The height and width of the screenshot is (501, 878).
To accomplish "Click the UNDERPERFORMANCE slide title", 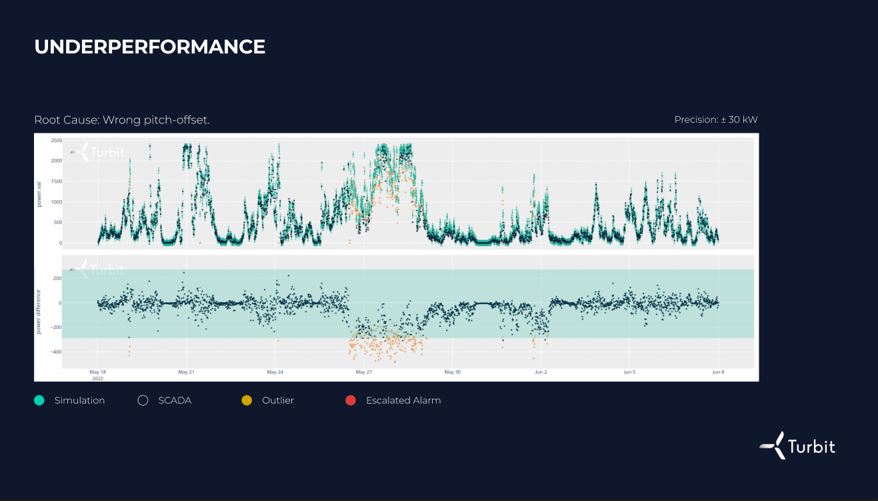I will pyautogui.click(x=150, y=47).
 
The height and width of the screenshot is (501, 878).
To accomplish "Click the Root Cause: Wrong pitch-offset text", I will pyautogui.click(x=122, y=120).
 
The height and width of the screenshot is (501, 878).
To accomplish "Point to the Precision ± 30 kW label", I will pyautogui.click(x=715, y=120).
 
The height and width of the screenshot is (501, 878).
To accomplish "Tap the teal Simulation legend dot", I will pyautogui.click(x=39, y=400).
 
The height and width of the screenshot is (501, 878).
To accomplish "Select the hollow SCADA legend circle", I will pyautogui.click(x=143, y=400).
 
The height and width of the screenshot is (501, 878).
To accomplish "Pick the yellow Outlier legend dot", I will pyautogui.click(x=247, y=400).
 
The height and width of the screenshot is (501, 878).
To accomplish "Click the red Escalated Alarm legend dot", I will pyautogui.click(x=351, y=400).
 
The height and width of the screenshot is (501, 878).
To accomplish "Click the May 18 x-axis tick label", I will pyautogui.click(x=98, y=372).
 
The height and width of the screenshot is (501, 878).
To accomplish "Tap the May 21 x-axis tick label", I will pyautogui.click(x=187, y=372).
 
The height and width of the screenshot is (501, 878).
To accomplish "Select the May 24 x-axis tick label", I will pyautogui.click(x=275, y=372).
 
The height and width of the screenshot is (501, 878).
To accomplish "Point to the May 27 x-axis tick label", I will pyautogui.click(x=363, y=372).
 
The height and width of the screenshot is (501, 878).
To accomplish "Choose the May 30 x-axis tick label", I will pyautogui.click(x=452, y=372).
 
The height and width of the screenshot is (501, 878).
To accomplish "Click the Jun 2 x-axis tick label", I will pyautogui.click(x=541, y=372).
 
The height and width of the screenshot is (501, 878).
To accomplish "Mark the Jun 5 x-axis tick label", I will pyautogui.click(x=629, y=372).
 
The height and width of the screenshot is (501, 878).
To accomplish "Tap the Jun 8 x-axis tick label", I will pyautogui.click(x=717, y=372).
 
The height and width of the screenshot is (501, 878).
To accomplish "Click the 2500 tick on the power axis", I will pyautogui.click(x=56, y=141).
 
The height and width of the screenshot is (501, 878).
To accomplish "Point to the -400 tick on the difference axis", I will pyautogui.click(x=55, y=352).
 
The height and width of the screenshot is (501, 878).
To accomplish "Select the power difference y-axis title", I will pyautogui.click(x=39, y=312).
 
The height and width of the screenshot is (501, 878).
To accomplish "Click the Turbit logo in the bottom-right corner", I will pyautogui.click(x=797, y=446).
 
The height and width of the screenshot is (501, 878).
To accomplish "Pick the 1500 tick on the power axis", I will pyautogui.click(x=56, y=181).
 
